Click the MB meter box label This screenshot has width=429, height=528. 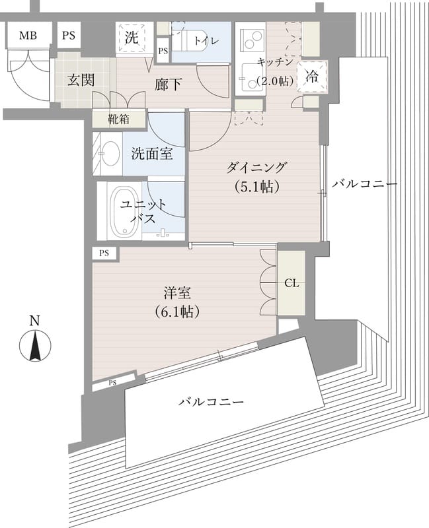(27, 36)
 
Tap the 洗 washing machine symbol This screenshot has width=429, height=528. (132, 38)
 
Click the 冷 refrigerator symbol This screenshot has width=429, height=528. (311, 76)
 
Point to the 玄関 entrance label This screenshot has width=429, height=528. (81, 81)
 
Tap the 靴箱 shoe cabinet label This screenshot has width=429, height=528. (119, 119)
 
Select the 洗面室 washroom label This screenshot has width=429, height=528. (152, 154)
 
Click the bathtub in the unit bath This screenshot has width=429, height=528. (120, 212)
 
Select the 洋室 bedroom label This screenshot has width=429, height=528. (178, 290)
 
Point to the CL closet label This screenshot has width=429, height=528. (292, 284)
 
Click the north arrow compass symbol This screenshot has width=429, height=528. (35, 347)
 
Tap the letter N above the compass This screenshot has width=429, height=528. (35, 321)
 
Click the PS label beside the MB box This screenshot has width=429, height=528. (69, 36)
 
